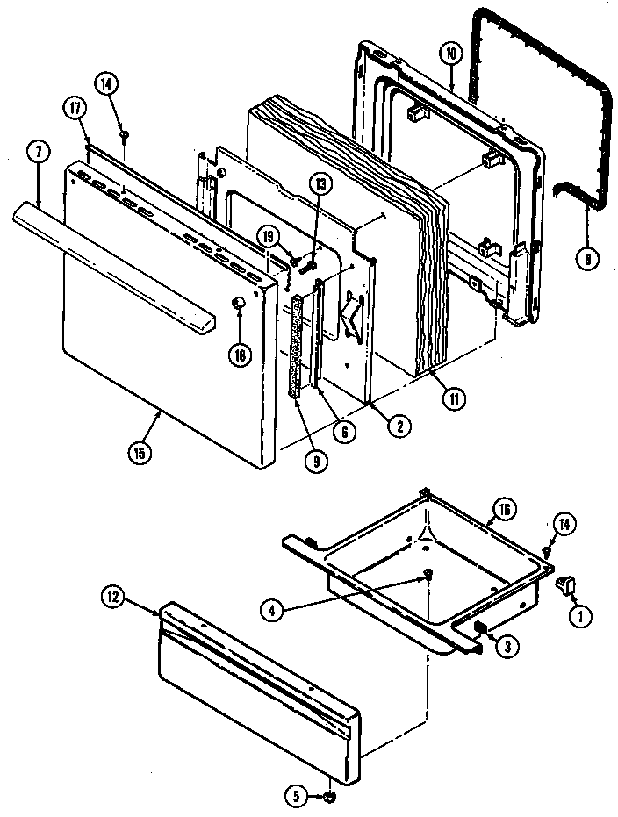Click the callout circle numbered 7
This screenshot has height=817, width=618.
point(39,151)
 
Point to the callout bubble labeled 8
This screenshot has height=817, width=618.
point(586,260)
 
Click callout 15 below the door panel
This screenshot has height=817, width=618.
point(139,454)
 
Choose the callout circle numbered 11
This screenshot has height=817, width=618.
point(454,398)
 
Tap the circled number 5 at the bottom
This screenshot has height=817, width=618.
point(295,798)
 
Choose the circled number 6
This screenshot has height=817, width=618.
point(349,432)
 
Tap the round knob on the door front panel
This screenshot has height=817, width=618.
point(236,303)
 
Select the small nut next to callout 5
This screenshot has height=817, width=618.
point(327,798)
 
